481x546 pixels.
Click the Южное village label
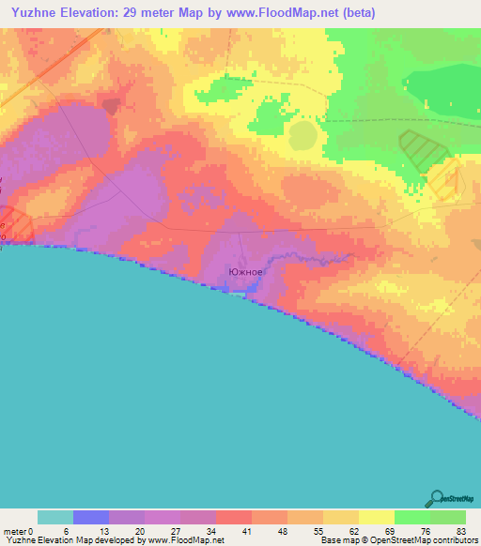click(x=245, y=273)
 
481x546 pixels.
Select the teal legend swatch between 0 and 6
click(x=55, y=517)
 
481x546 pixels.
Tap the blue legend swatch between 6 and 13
click(x=91, y=517)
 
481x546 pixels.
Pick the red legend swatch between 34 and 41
click(x=234, y=517)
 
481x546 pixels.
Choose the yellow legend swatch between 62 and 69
click(x=377, y=517)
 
